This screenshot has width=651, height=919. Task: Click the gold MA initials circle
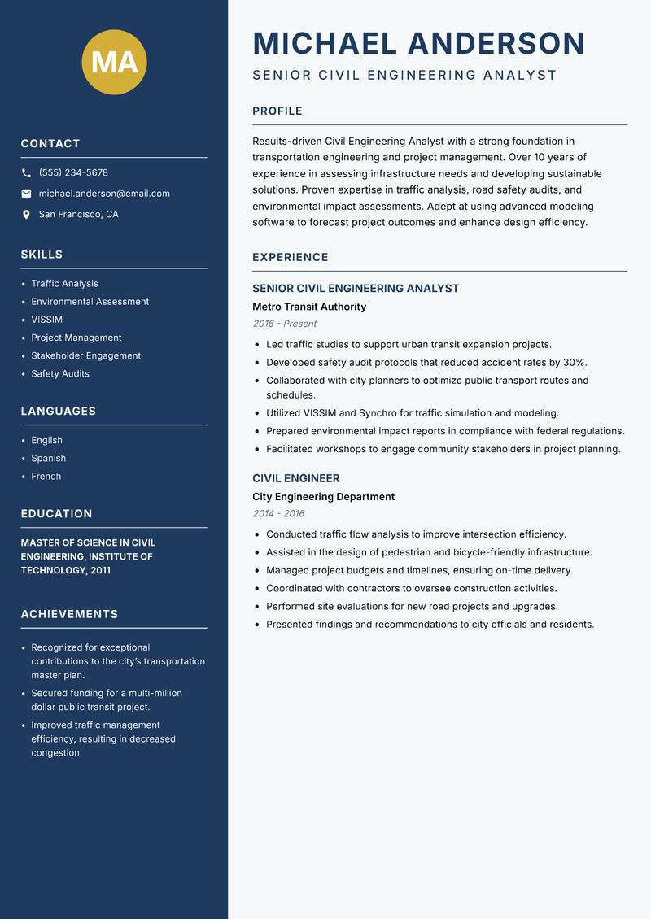[115, 62]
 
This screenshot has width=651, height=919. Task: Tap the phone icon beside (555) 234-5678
[26, 173]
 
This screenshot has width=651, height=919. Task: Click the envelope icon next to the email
[26, 194]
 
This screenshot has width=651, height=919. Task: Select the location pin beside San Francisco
[26, 215]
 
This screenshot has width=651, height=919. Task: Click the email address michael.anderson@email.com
[104, 194]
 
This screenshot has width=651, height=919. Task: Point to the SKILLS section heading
[42, 255]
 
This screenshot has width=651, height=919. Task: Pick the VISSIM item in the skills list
[46, 320]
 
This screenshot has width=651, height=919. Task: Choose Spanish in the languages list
[48, 458]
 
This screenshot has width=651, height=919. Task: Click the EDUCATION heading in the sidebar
[56, 514]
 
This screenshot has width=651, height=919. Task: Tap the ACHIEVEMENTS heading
[69, 614]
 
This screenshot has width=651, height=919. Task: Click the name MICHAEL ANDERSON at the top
[418, 43]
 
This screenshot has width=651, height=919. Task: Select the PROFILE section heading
[277, 111]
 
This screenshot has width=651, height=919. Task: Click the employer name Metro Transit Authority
[309, 307]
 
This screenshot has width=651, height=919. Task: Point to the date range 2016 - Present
[284, 324]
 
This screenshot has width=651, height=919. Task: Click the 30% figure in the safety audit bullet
[575, 362]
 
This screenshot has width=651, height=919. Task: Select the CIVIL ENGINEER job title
[296, 478]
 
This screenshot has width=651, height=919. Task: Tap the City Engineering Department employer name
[323, 497]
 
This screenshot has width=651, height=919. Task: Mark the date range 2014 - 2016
[278, 514]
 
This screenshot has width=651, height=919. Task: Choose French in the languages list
[46, 477]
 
